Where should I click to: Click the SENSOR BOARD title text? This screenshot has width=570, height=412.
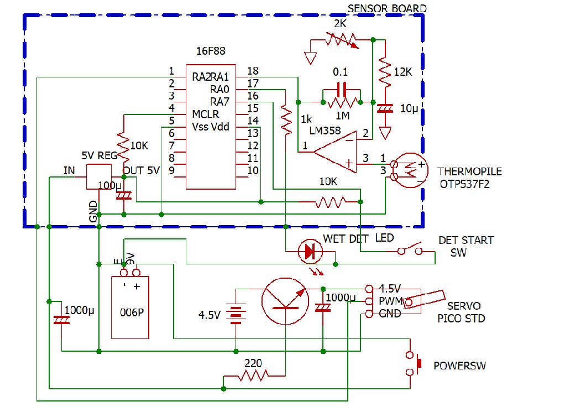[x=386, y=8]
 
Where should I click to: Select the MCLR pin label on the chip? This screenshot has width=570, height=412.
[x=205, y=114]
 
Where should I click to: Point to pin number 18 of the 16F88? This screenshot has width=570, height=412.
[x=253, y=71]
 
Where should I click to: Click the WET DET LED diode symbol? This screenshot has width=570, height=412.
[x=310, y=252]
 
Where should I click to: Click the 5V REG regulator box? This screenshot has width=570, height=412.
[x=98, y=176]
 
